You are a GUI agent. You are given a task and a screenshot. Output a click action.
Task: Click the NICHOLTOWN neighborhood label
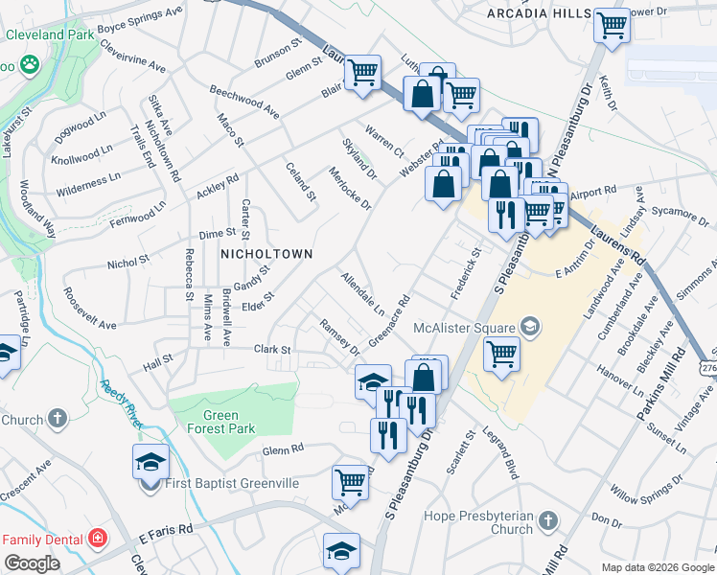(x=267, y=254)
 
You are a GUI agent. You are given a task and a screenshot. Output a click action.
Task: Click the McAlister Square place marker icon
(x=530, y=328)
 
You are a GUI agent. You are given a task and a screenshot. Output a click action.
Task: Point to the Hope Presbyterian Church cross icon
(x=547, y=520)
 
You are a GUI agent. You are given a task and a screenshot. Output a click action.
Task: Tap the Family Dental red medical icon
(x=97, y=540)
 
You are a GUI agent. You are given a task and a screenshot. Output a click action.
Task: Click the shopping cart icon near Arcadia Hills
(x=611, y=24)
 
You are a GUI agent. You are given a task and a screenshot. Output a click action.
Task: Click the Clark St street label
(x=271, y=350)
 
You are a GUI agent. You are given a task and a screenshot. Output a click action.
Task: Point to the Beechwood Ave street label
(x=244, y=101)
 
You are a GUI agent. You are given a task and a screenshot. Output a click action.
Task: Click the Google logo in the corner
(x=32, y=563)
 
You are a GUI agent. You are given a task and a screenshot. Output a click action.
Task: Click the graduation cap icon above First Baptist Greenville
(x=150, y=461)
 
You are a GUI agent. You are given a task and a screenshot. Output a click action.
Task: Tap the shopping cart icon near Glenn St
(x=362, y=72)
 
